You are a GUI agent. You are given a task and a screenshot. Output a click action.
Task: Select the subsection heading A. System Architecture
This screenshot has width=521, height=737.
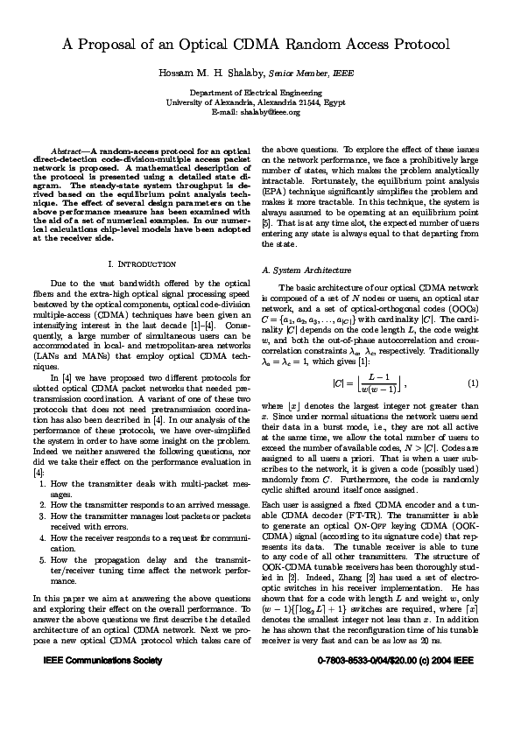point(306,270)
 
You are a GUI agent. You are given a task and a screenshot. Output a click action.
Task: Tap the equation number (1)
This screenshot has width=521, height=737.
point(473,383)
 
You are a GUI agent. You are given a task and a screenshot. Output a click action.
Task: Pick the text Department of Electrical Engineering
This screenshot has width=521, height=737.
point(260,93)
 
